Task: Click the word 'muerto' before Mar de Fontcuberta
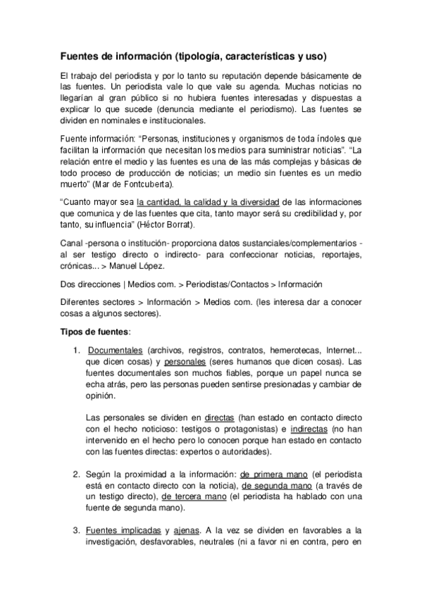74,184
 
